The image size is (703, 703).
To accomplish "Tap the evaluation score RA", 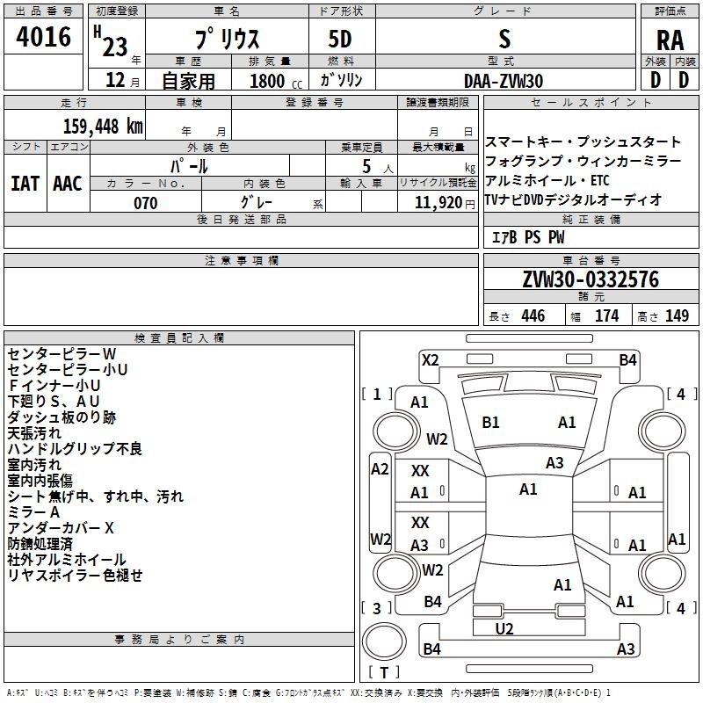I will click(x=670, y=40).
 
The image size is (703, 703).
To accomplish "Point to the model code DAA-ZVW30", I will click(x=504, y=81).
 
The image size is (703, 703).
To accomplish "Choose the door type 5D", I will click(x=340, y=40).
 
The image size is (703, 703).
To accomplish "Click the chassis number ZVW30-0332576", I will click(x=590, y=279).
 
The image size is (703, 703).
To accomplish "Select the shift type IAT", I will click(x=25, y=184).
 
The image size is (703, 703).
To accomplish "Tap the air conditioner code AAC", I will click(x=68, y=184).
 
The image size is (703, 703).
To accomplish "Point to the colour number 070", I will click(x=145, y=203).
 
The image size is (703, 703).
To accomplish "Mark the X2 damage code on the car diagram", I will click(x=430, y=359).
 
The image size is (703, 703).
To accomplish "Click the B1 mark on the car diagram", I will click(x=490, y=423).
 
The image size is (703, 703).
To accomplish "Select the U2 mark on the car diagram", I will click(x=504, y=628).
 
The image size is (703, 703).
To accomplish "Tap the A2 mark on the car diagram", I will click(x=380, y=469).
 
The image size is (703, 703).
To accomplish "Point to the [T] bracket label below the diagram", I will click(x=383, y=672).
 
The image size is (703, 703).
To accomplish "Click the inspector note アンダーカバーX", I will click(x=61, y=528).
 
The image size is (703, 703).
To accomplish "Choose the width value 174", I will click(x=606, y=316).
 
